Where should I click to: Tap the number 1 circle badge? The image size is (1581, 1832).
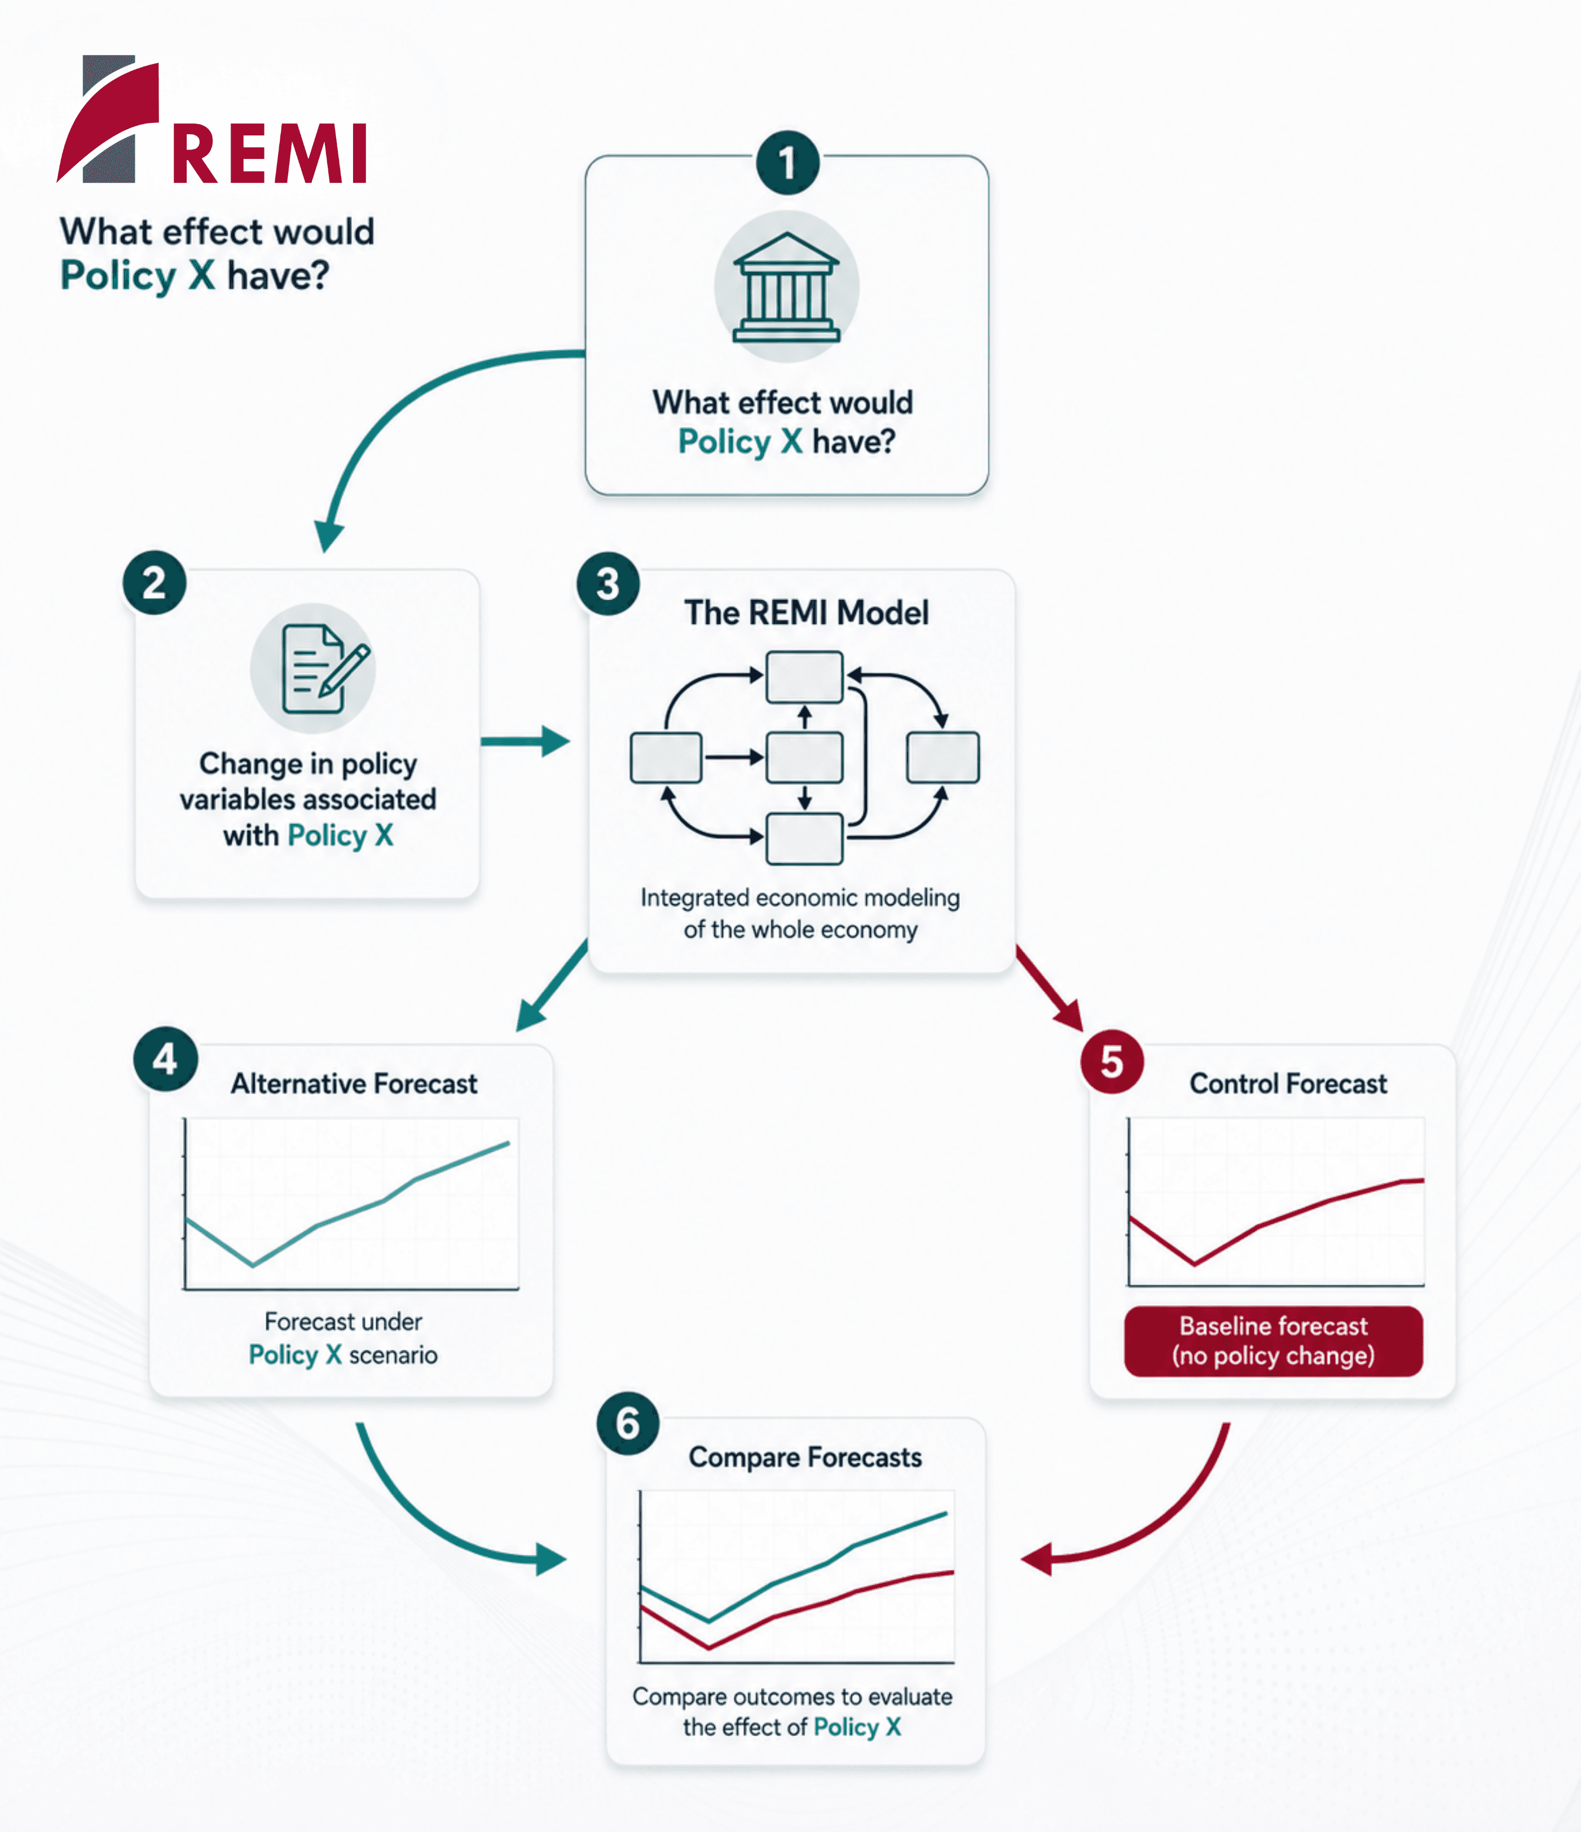787,162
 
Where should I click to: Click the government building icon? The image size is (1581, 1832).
786,287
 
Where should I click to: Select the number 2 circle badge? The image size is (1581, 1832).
154,583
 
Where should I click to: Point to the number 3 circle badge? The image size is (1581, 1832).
607,584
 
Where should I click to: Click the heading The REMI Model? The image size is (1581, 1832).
807,613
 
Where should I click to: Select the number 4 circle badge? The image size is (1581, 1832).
165,1058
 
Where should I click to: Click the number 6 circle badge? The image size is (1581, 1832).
628,1424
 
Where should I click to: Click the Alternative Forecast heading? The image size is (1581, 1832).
354,1084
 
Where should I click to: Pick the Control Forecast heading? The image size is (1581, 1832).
1288,1084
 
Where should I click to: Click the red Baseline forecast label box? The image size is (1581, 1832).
1273,1341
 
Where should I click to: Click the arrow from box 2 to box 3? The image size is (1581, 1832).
525,741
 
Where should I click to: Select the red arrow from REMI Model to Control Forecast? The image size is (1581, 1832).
1050,988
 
